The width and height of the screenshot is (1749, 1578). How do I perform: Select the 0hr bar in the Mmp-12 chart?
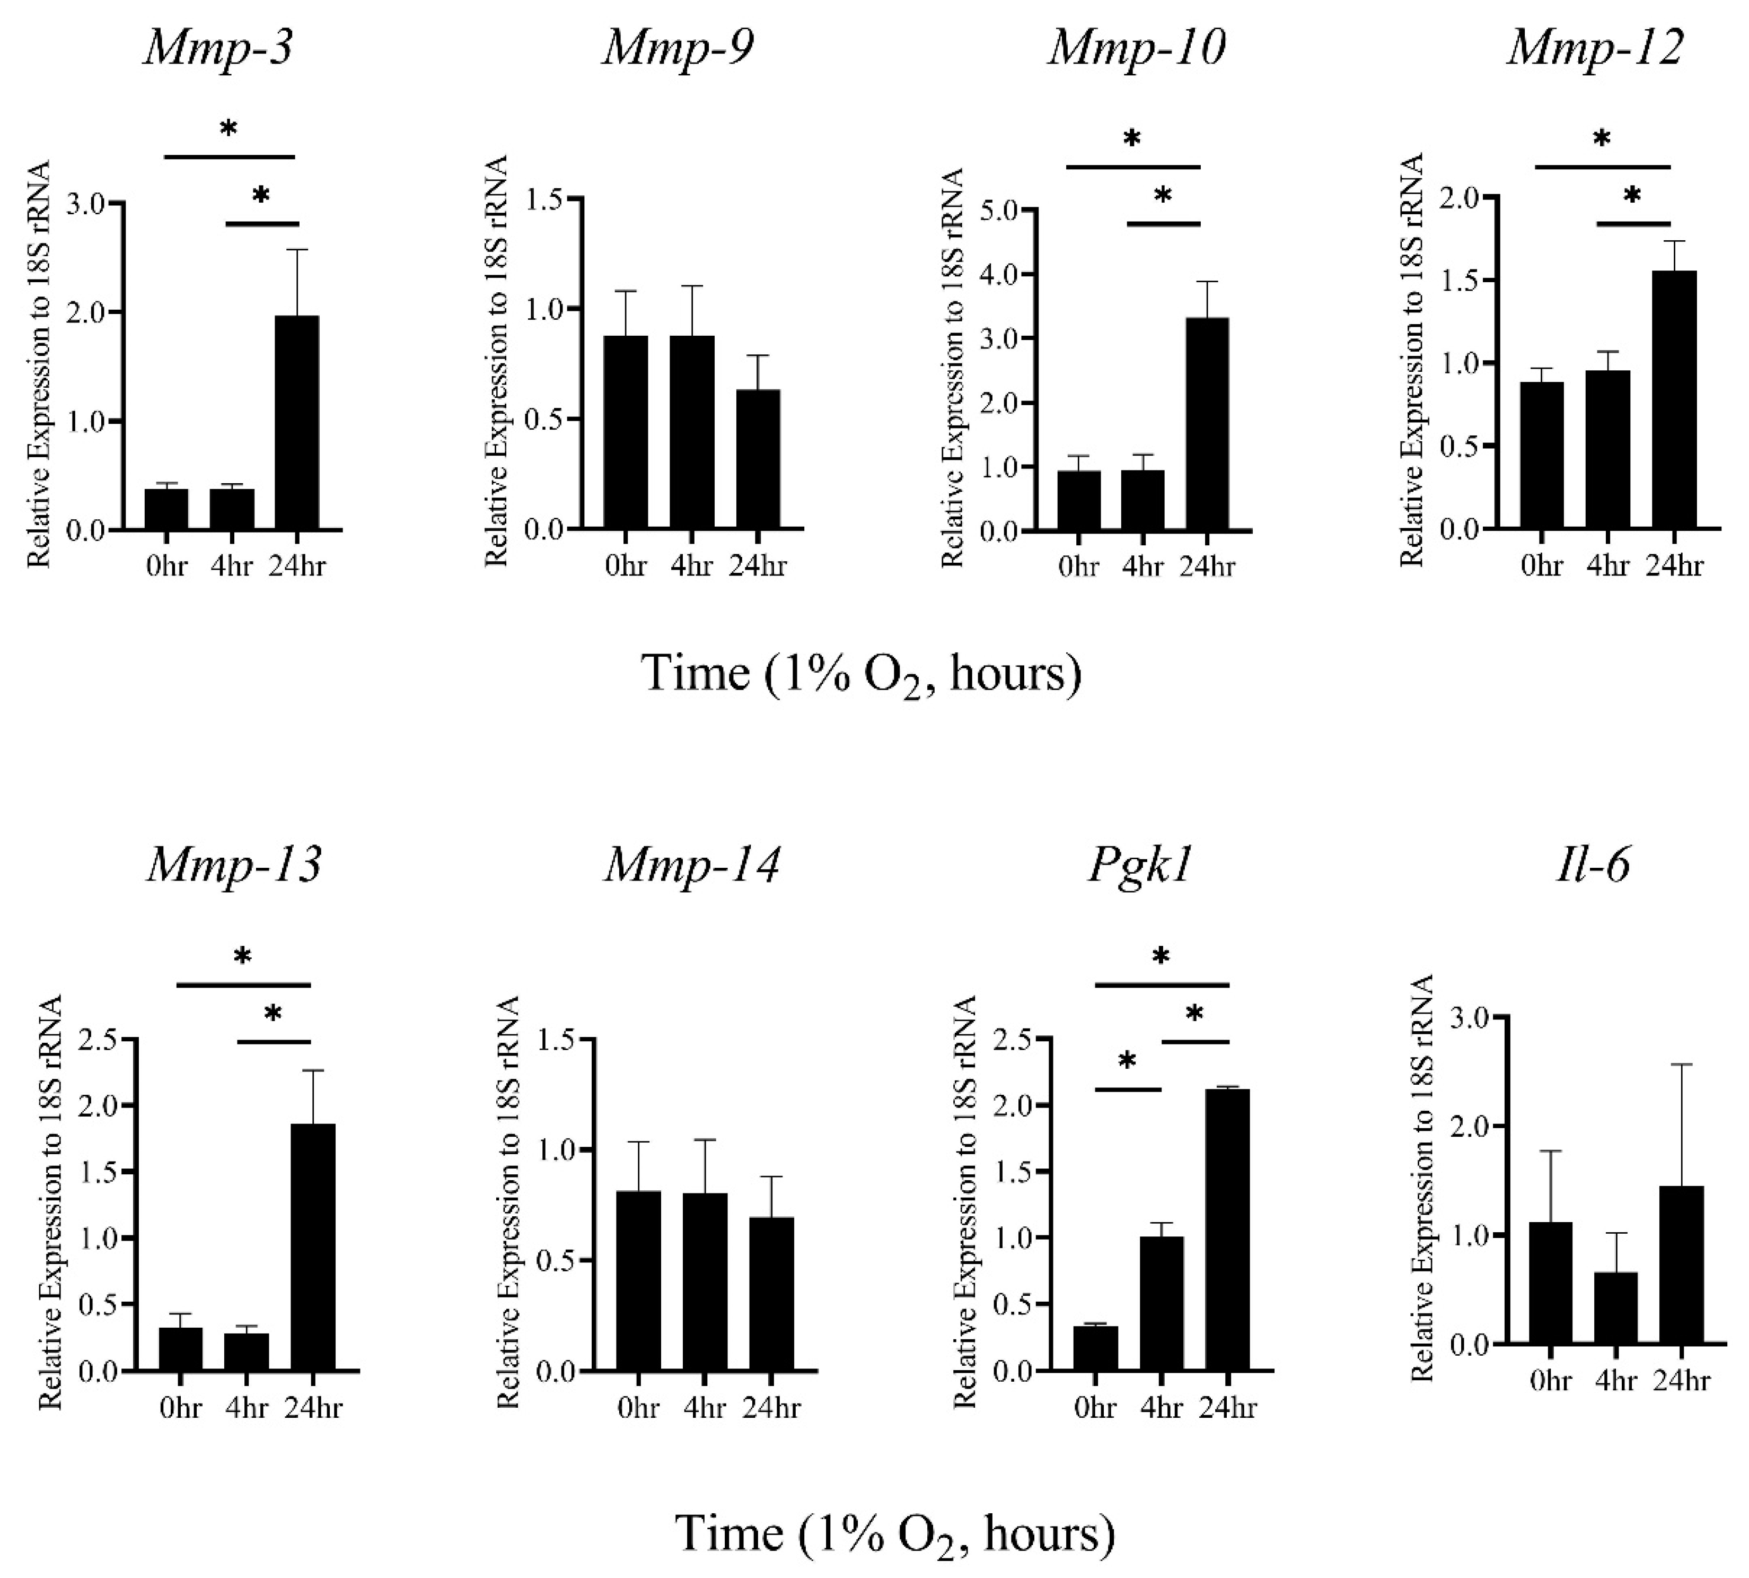tap(1542, 455)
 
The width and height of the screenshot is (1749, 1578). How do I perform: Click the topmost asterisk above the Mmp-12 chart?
tap(1602, 140)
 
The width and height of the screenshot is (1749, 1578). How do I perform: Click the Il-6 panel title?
tap(1593, 865)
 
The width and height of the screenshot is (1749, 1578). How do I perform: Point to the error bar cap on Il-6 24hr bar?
tap(1681, 1065)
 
